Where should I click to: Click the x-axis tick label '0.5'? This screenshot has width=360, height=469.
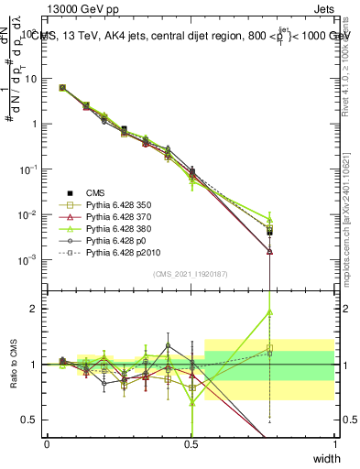tap(191, 443)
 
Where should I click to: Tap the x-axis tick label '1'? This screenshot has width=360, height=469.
tap(334, 443)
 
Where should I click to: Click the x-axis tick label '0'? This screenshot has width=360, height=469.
tap(47, 443)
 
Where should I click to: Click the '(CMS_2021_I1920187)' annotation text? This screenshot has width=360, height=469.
tap(191, 274)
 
